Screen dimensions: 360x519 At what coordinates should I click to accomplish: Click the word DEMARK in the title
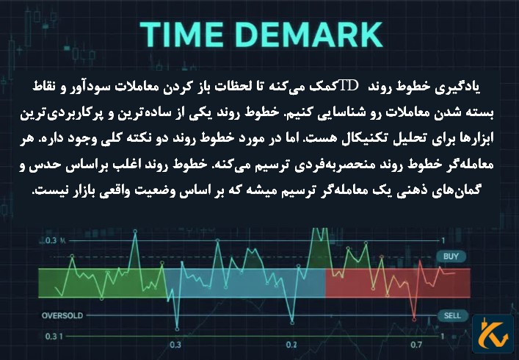pos(308,35)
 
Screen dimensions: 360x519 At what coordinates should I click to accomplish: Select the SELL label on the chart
pos(452,315)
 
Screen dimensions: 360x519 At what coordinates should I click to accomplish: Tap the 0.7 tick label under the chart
pos(416,345)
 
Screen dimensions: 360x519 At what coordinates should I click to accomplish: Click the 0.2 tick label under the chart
pos(291,345)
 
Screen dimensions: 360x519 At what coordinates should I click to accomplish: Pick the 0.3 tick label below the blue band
pos(175,345)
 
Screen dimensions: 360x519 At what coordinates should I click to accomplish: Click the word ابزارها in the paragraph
pos(465,140)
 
